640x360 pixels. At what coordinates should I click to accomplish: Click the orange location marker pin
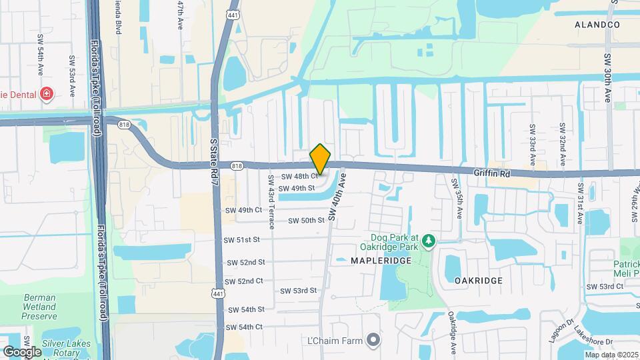point(321,159)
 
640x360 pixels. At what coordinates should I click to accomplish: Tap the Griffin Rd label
point(491,171)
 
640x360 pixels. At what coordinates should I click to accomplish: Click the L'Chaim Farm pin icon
point(373,340)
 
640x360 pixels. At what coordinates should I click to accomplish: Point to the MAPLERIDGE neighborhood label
point(381,261)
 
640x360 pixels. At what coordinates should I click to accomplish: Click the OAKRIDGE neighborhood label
point(478,281)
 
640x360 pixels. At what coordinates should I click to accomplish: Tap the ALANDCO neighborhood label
point(597,25)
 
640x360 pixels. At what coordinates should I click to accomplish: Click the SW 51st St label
point(242,239)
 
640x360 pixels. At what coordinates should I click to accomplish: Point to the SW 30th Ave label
point(607,78)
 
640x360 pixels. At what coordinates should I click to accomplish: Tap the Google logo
point(22,351)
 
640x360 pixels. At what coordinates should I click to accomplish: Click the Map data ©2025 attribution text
point(611,355)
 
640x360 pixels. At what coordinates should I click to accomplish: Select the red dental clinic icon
point(47,93)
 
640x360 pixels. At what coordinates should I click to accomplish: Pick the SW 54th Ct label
point(245,327)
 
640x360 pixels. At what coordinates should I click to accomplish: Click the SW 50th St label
point(306,220)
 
